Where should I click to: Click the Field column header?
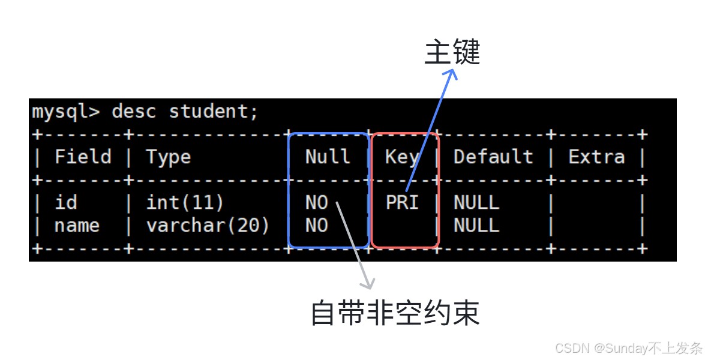point(83,157)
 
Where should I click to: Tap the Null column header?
point(328,157)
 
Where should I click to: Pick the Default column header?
point(493,157)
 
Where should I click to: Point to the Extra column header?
point(596,157)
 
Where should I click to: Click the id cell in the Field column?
point(65,202)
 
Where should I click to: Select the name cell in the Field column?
point(77,226)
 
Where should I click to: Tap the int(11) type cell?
point(185,203)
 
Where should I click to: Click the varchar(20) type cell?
point(208,226)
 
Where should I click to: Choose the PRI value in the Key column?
point(402,203)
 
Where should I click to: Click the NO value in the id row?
point(317,203)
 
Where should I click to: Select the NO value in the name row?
point(317,226)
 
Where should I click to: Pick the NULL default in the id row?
point(476,203)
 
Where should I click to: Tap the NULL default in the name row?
point(476,226)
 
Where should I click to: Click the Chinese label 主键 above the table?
point(452,52)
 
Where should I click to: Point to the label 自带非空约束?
point(395,313)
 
